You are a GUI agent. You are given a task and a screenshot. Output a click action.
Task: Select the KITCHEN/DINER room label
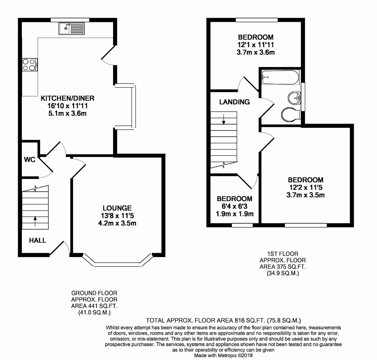(x=67, y=98)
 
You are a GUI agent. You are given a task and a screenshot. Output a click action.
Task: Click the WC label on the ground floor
(x=29, y=160)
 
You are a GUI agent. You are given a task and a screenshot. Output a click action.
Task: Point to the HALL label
(x=37, y=240)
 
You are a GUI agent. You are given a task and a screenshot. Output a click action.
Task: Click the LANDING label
(x=234, y=102)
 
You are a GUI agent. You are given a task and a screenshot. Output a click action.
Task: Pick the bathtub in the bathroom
(x=280, y=77)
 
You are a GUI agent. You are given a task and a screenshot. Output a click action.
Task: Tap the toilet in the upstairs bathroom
(x=290, y=115)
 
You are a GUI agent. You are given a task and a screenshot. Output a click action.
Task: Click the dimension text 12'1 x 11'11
(x=256, y=45)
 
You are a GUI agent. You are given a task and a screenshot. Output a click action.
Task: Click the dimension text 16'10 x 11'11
(x=67, y=106)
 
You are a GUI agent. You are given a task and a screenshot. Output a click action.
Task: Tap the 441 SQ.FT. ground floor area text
(x=94, y=306)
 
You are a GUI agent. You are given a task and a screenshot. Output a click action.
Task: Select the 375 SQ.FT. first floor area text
(x=283, y=267)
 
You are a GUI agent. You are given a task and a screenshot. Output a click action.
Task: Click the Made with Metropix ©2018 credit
(x=223, y=355)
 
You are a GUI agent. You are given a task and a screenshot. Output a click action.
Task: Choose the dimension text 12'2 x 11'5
(x=306, y=188)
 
